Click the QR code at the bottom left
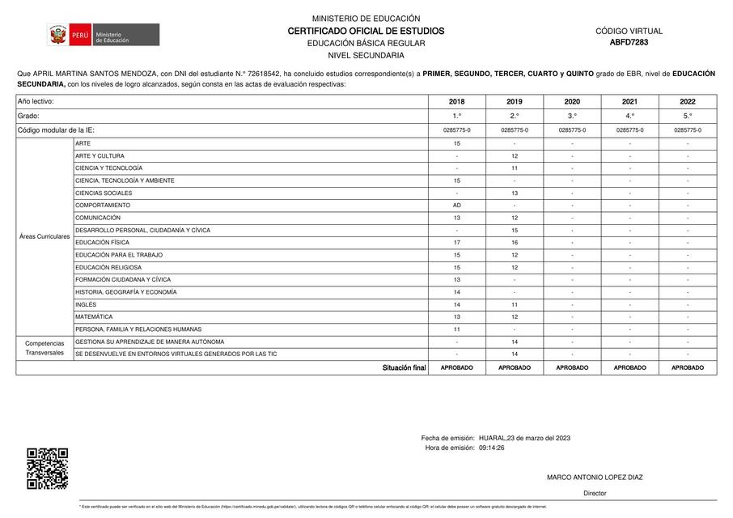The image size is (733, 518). pyautogui.click(x=47, y=469)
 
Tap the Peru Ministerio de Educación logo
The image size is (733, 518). pyautogui.click(x=103, y=36)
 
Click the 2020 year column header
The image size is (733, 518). pyautogui.click(x=572, y=102)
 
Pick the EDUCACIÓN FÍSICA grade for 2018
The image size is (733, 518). pyautogui.click(x=457, y=243)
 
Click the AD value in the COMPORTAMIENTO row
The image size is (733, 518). pyautogui.click(x=457, y=206)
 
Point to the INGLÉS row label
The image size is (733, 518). pyautogui.click(x=86, y=304)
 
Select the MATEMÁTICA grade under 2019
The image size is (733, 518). pyautogui.click(x=515, y=317)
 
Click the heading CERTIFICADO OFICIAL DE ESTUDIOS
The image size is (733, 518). pyautogui.click(x=366, y=31)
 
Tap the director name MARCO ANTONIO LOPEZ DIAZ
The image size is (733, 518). pyautogui.click(x=595, y=478)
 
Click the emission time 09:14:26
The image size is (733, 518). pyautogui.click(x=492, y=448)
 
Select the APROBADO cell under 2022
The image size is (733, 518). pyautogui.click(x=688, y=367)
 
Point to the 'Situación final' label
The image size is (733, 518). pyautogui.click(x=404, y=367)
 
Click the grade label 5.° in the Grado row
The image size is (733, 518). pyautogui.click(x=688, y=117)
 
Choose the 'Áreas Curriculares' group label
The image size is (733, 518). pyautogui.click(x=44, y=236)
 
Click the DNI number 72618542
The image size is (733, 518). pyautogui.click(x=253, y=74)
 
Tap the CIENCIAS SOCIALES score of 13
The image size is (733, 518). pyautogui.click(x=515, y=193)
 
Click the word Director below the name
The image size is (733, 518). pyautogui.click(x=595, y=493)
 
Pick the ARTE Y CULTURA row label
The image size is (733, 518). pyautogui.click(x=100, y=156)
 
